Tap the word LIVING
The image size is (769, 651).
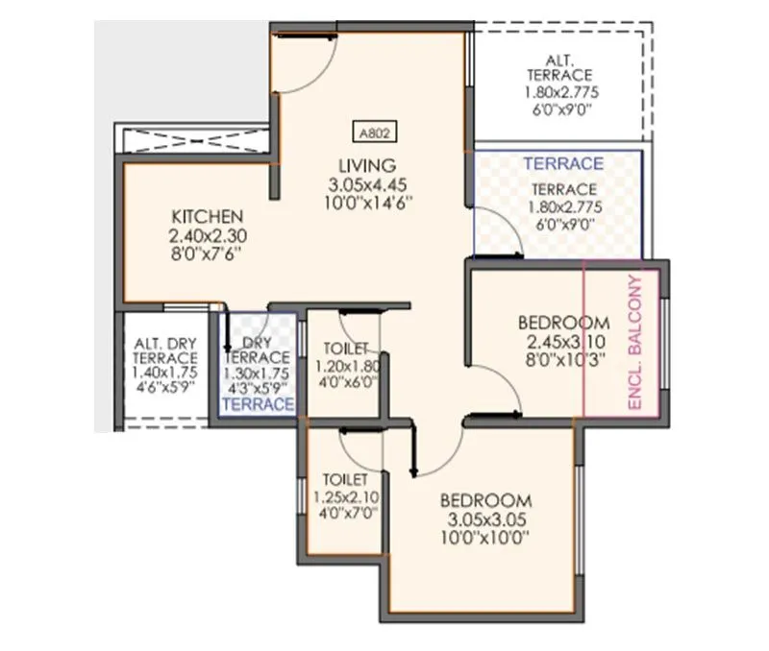(360, 164)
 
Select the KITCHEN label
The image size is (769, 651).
(207, 215)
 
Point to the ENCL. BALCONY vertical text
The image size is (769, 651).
(634, 344)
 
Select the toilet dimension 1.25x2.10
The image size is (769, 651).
(345, 496)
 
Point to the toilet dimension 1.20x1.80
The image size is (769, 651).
(347, 366)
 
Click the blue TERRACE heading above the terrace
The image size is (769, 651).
(563, 164)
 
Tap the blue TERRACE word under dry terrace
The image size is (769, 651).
(257, 405)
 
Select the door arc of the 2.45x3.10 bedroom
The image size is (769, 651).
(502, 389)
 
